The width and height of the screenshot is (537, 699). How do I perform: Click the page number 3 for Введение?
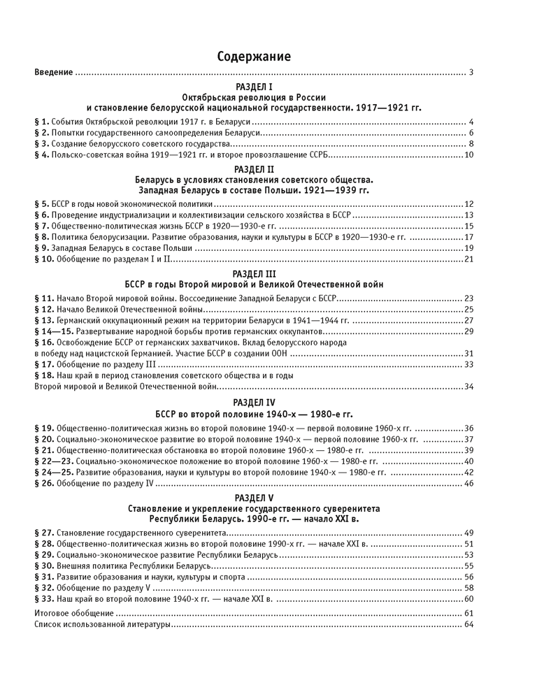click(472, 72)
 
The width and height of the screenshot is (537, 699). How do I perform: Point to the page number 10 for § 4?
click(469, 154)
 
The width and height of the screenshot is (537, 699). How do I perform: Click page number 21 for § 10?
click(469, 259)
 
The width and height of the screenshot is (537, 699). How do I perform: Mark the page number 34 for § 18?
click(469, 387)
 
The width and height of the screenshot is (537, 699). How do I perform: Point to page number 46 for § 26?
click(469, 483)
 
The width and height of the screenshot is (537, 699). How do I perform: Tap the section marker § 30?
click(44, 565)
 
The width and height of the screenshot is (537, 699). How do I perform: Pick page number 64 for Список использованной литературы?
click(469, 624)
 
